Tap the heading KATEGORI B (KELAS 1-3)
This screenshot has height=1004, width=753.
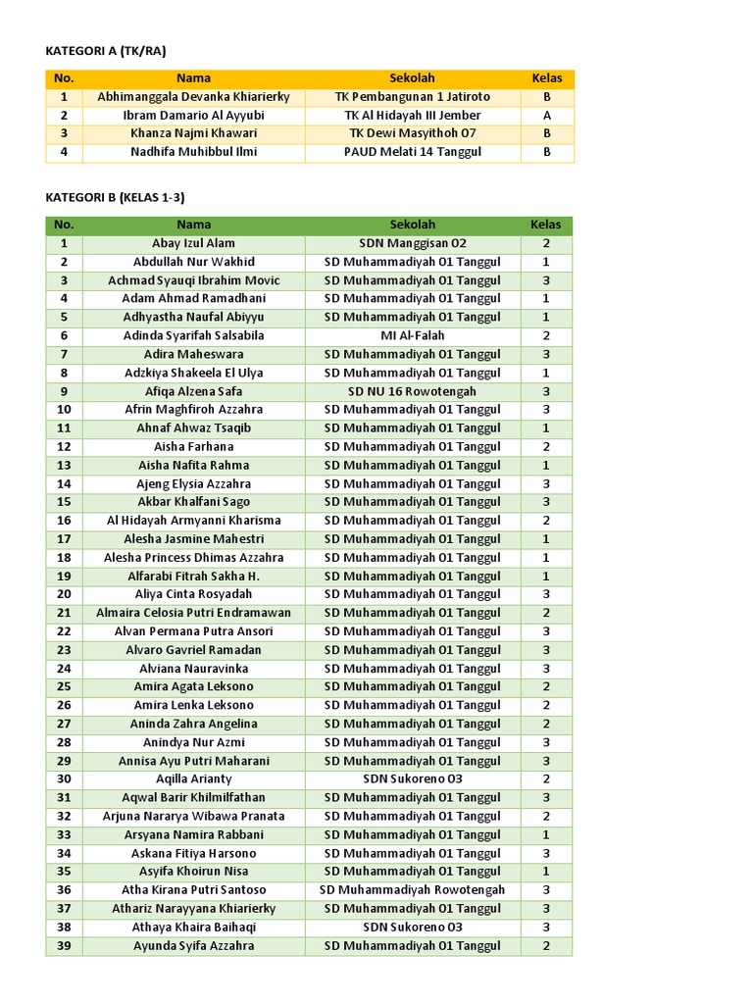click(x=115, y=197)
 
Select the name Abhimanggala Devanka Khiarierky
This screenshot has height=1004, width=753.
click(x=193, y=97)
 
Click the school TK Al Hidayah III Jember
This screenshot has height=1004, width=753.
click(x=412, y=116)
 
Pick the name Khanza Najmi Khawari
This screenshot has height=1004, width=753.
click(x=193, y=133)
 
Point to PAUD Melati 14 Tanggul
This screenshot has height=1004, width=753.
click(x=412, y=152)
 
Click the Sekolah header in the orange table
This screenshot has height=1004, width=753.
click(x=412, y=78)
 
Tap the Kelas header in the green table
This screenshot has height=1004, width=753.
click(x=546, y=226)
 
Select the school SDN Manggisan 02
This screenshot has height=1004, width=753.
click(x=412, y=243)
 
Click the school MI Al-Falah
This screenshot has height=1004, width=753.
click(x=412, y=335)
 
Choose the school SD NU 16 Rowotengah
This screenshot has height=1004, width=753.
click(x=412, y=391)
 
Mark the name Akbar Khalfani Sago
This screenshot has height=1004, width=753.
click(x=193, y=502)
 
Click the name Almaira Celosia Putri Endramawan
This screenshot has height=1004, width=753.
click(x=193, y=613)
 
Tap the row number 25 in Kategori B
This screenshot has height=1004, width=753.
click(x=64, y=686)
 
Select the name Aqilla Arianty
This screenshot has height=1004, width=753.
click(x=193, y=778)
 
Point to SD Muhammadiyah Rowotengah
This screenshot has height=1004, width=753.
click(x=412, y=890)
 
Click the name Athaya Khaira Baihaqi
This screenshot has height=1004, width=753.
click(x=193, y=927)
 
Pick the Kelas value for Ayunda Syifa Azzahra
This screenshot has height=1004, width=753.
click(x=546, y=946)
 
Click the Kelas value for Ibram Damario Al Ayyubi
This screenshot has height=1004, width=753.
click(x=546, y=116)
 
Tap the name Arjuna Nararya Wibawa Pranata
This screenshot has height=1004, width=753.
click(x=193, y=816)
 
